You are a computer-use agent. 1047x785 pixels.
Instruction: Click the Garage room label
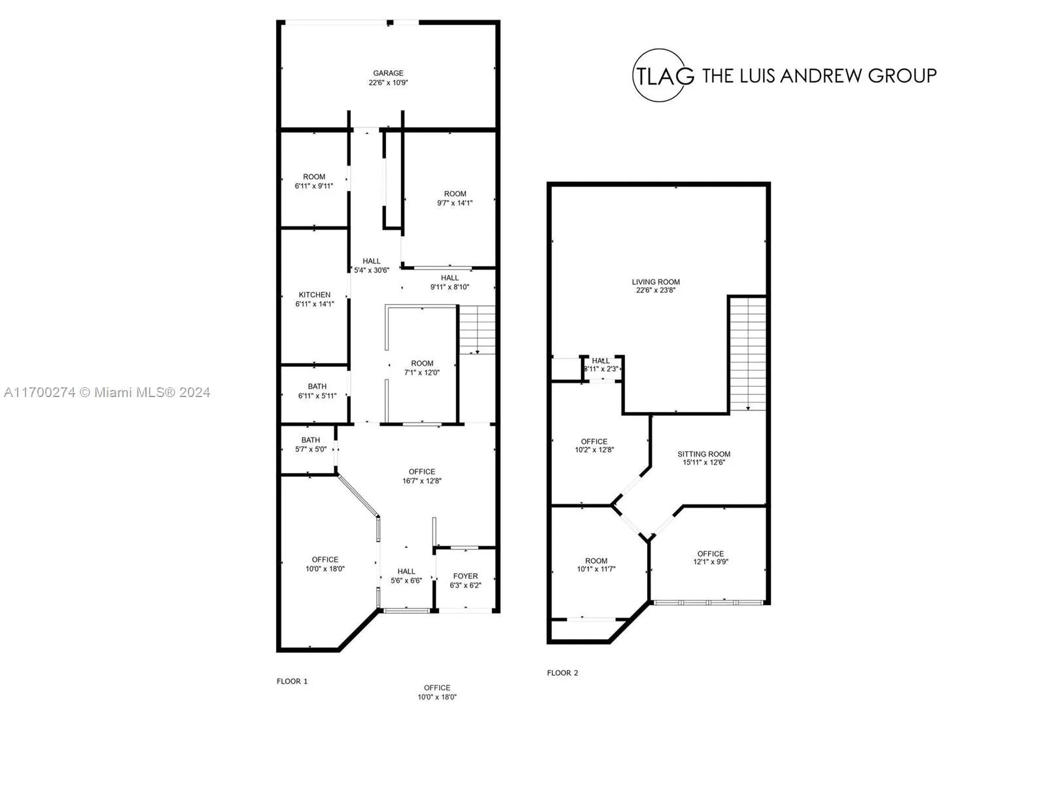pyautogui.click(x=388, y=73)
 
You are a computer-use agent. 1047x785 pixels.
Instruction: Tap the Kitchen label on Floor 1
pyautogui.click(x=314, y=294)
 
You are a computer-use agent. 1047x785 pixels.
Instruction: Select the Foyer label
pyautogui.click(x=465, y=576)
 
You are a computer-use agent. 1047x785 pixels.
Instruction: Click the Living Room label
pyautogui.click(x=656, y=282)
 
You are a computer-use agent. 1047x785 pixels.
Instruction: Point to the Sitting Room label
pyautogui.click(x=703, y=454)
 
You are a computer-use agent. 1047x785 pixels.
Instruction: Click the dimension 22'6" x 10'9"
pyautogui.click(x=388, y=82)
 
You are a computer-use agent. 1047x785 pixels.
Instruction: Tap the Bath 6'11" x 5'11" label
pyautogui.click(x=317, y=391)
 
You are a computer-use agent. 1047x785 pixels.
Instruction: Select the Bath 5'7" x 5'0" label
pyautogui.click(x=311, y=444)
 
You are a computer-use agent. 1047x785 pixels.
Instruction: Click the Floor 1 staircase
pyautogui.click(x=476, y=329)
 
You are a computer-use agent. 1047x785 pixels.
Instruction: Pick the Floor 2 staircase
pyautogui.click(x=747, y=353)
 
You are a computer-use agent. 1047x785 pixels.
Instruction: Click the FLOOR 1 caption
pyautogui.click(x=292, y=681)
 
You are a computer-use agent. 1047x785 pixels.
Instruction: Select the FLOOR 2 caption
pyautogui.click(x=562, y=672)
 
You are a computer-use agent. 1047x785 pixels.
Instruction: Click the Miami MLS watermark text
pyautogui.click(x=107, y=392)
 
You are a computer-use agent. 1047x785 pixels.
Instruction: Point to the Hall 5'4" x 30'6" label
pyautogui.click(x=371, y=266)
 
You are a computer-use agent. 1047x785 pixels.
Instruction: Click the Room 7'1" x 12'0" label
pyautogui.click(x=422, y=368)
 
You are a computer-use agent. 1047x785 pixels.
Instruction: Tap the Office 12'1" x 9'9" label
pyautogui.click(x=710, y=557)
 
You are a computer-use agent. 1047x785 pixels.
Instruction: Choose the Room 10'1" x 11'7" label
pyautogui.click(x=595, y=565)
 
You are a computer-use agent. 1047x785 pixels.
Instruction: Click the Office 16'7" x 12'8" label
pyautogui.click(x=421, y=476)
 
